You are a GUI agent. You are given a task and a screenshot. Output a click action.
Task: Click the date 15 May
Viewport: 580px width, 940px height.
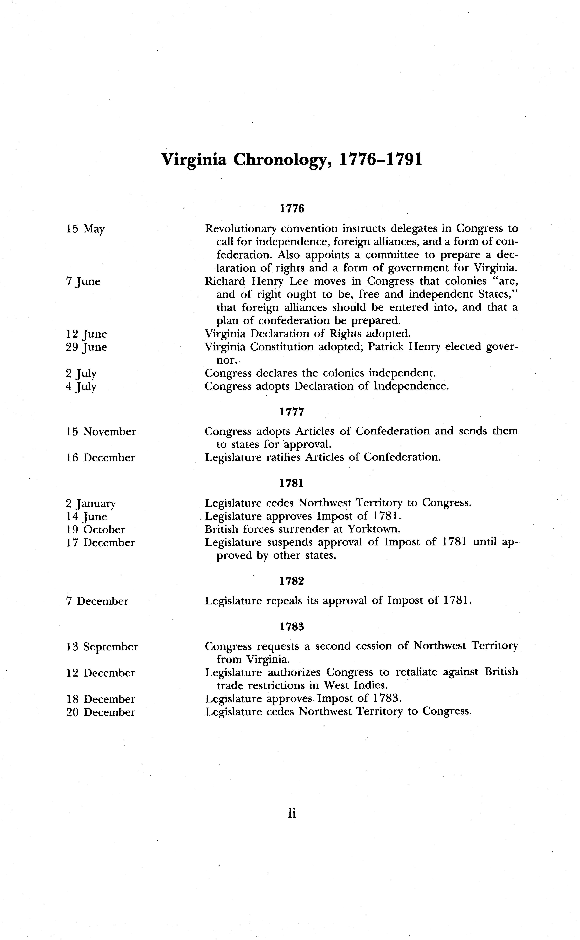click(x=85, y=229)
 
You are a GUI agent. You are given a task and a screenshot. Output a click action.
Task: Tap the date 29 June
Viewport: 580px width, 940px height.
click(x=86, y=347)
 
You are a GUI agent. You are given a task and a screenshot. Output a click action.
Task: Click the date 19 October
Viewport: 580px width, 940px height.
click(x=96, y=530)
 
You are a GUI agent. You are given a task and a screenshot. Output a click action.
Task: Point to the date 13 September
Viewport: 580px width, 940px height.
click(x=102, y=647)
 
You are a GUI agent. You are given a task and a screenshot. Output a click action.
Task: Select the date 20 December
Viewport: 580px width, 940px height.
click(x=101, y=712)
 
